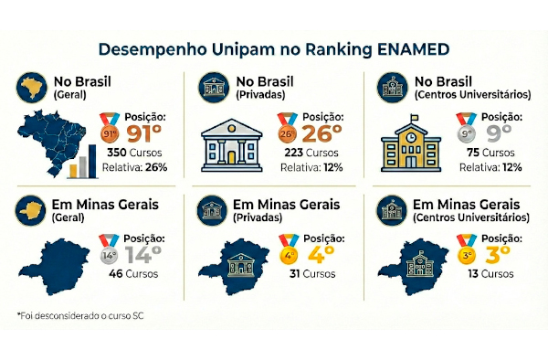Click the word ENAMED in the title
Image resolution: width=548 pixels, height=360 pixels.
(413, 49)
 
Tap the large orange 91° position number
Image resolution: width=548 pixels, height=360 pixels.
(144, 133)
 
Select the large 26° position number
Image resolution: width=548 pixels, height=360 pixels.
(321, 133)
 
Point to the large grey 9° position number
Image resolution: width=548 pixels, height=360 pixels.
(499, 133)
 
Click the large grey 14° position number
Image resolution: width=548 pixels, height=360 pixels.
(143, 254)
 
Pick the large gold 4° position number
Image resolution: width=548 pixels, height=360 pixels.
(321, 254)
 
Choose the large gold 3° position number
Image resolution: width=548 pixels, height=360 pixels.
(498, 254)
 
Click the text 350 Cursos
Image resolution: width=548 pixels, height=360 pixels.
(134, 153)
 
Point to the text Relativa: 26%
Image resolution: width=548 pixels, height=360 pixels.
(134, 167)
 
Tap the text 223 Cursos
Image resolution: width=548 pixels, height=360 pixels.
(311, 153)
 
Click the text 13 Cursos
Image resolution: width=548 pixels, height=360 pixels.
(490, 274)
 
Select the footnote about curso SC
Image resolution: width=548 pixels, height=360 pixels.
(80, 316)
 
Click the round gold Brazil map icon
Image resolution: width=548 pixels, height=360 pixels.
(32, 88)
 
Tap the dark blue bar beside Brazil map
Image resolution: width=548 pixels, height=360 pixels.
(92, 161)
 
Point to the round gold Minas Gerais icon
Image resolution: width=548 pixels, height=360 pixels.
(31, 210)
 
